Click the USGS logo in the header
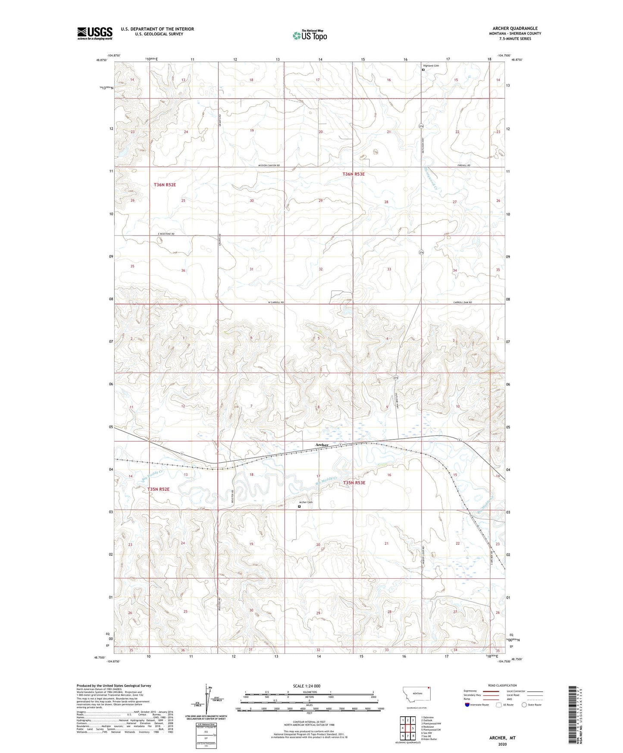pyautogui.click(x=94, y=33)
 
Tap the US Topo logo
pyautogui.click(x=309, y=35)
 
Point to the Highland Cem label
pyautogui.click(x=430, y=66)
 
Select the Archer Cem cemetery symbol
pyautogui.click(x=299, y=507)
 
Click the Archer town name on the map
pyautogui.click(x=322, y=445)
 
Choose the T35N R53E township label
pyautogui.click(x=354, y=483)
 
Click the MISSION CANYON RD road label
pyautogui.click(x=269, y=166)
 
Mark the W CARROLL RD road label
pyautogui.click(x=276, y=302)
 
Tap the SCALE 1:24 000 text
pyautogui.click(x=307, y=686)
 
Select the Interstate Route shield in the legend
pyautogui.click(x=467, y=705)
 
